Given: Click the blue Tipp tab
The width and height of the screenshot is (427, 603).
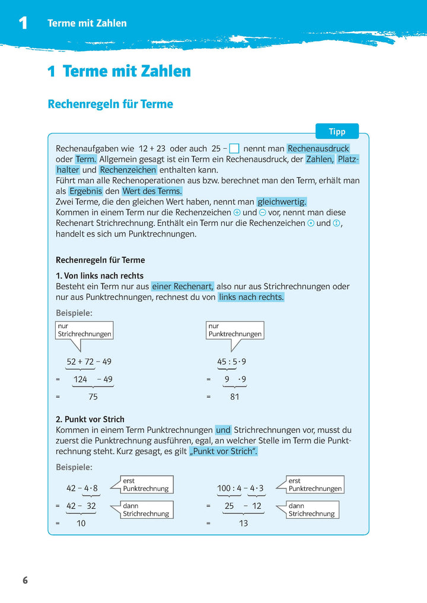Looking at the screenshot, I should click(x=337, y=131).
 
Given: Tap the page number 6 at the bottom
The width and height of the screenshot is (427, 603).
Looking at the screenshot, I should click(x=25, y=580).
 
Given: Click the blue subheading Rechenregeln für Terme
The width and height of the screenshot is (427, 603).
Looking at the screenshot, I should click(x=110, y=104).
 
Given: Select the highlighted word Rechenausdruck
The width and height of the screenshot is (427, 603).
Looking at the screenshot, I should click(x=318, y=149).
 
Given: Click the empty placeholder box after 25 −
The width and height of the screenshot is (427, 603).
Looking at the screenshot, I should click(x=234, y=149).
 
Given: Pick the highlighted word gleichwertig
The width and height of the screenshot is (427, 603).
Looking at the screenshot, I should click(x=282, y=202).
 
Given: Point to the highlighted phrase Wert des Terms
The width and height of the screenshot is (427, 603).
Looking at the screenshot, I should click(x=152, y=191).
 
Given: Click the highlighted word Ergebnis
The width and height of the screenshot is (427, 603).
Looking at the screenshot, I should click(x=86, y=191).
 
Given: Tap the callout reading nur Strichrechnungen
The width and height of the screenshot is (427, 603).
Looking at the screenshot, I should click(x=84, y=330).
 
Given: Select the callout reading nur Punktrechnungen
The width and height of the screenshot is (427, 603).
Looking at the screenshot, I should click(x=235, y=330).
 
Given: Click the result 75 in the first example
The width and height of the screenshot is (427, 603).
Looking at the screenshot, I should click(x=93, y=397).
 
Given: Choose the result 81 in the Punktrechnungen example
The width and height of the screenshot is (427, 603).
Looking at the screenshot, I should click(x=234, y=397).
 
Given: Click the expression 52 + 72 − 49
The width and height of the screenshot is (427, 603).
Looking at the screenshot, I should click(x=89, y=362).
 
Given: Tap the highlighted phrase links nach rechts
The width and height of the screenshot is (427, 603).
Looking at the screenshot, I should click(x=251, y=297).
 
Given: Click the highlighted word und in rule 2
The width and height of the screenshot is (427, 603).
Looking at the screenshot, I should click(x=223, y=430).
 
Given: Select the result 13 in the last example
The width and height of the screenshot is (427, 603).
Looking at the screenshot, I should click(x=243, y=524).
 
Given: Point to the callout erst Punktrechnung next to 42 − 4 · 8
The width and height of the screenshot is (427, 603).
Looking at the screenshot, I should click(x=146, y=484).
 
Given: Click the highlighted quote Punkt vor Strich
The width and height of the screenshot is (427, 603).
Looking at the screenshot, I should click(x=224, y=451).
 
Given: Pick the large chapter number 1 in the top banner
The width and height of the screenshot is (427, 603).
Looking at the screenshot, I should click(x=23, y=23).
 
